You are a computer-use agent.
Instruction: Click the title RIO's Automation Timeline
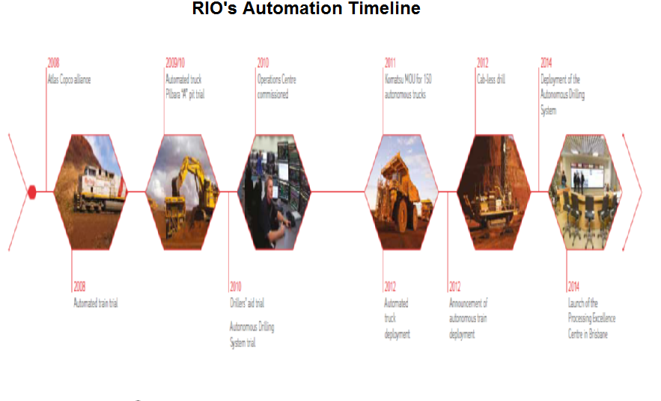[x=306, y=10]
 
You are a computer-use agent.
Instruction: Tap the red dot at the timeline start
[x=31, y=192]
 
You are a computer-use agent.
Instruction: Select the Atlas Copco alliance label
[x=69, y=79]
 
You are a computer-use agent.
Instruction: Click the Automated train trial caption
[x=96, y=303]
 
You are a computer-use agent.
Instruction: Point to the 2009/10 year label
[x=175, y=63]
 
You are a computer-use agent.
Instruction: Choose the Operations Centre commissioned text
[x=273, y=87]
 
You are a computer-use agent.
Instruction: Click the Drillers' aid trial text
[x=247, y=303]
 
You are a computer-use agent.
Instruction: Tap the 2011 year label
[x=390, y=63]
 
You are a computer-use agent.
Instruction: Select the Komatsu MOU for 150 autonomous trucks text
[x=408, y=87]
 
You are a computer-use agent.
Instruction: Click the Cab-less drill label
[x=491, y=79]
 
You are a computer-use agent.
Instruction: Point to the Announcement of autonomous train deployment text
[x=468, y=319]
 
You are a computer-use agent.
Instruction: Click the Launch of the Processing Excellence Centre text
[x=591, y=319]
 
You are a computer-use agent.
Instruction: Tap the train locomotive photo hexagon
[x=92, y=192]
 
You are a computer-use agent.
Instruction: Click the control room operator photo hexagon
[x=274, y=192]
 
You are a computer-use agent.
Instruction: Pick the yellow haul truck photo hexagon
[x=401, y=192]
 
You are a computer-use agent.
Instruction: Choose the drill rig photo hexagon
[x=493, y=192]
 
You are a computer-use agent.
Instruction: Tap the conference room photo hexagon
[x=586, y=192]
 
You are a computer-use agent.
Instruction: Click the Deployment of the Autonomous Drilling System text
[x=561, y=95]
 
